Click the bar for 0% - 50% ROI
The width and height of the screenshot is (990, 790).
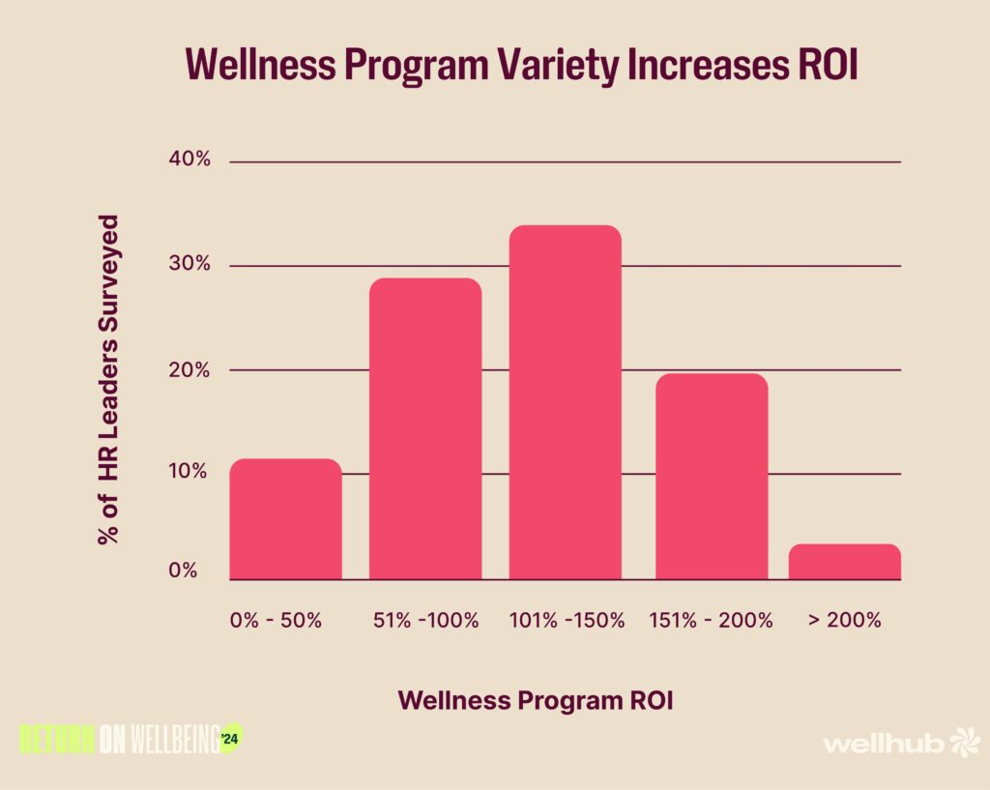pos(285,519)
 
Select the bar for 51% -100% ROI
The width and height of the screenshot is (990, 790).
pos(425,429)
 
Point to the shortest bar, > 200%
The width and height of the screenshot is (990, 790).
pos(845,562)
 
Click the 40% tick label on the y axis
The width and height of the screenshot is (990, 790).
pos(189,160)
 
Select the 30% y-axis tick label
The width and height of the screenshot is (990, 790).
pos(189,264)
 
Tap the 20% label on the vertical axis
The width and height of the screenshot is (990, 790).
pos(189,369)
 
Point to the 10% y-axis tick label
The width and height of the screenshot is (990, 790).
pos(189,472)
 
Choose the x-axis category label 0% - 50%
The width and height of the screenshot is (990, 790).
pos(276,621)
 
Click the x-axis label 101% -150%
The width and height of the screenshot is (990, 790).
pos(568,621)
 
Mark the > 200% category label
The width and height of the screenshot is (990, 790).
pos(845,621)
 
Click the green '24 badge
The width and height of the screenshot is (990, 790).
pos(230,740)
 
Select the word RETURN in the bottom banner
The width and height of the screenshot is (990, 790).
pos(57,740)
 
